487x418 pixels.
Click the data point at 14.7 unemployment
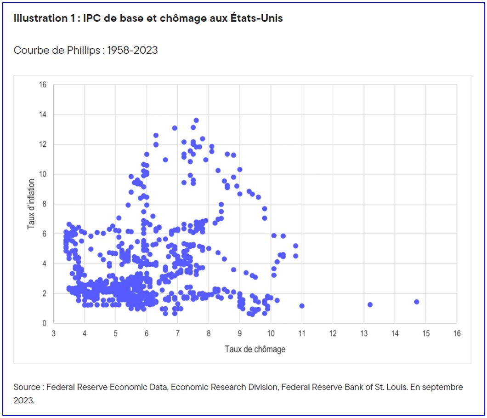point(416,302)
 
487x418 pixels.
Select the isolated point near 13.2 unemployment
point(370,304)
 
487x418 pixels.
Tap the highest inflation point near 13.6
point(196,120)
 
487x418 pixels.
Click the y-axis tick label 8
point(44,204)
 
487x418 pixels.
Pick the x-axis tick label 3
point(53,332)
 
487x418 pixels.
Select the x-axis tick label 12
point(333,332)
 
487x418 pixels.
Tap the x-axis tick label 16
point(457,332)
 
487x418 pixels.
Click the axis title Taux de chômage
point(255,349)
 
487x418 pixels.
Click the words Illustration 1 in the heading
point(42,19)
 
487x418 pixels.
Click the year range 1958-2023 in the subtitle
point(132,51)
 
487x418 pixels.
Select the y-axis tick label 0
point(44,323)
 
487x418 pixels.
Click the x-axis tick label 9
point(240,332)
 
